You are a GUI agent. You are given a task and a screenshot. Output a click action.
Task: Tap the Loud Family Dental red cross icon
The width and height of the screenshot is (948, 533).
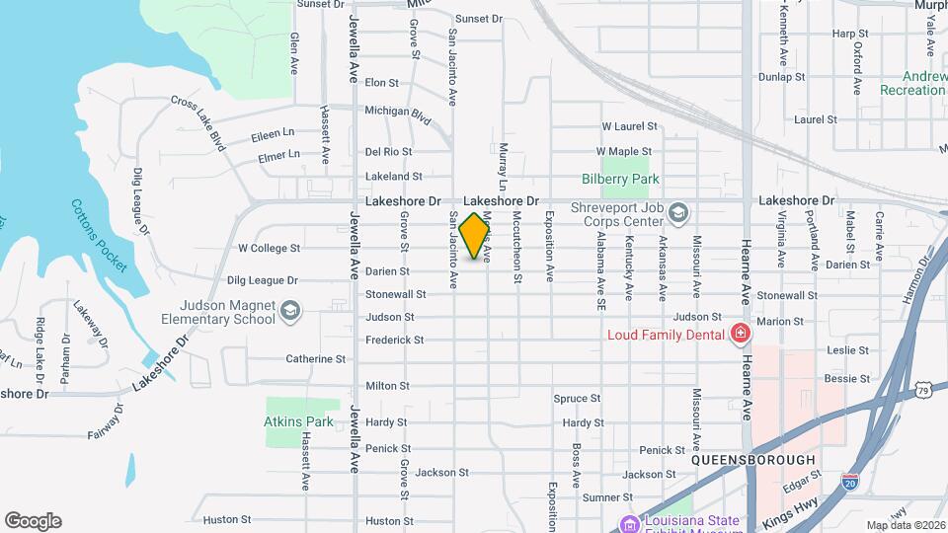739,335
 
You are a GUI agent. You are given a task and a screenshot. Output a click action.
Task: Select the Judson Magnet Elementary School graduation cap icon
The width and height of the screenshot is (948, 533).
289,312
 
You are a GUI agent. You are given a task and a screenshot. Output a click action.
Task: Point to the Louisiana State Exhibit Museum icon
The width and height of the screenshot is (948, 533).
627,523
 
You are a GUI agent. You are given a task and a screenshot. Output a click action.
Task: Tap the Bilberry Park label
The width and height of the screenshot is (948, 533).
620,179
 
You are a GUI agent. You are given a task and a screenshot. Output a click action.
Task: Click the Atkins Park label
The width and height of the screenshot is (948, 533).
298,421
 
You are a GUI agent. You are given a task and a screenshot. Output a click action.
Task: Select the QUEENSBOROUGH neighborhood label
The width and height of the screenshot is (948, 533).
752,460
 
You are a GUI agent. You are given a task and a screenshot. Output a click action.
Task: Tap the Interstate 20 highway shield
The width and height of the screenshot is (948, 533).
849,481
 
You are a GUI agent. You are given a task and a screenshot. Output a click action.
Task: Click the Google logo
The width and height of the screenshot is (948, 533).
33,520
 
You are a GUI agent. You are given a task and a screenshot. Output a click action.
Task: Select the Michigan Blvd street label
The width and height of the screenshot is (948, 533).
398,114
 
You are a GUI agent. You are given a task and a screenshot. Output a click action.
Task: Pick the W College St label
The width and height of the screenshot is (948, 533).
269,248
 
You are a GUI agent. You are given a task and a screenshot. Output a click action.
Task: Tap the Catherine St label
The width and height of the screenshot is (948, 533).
315,359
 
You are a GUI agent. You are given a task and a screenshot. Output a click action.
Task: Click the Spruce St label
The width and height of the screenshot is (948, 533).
577,399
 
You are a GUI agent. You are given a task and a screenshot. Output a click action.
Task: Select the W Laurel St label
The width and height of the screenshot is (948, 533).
630,126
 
